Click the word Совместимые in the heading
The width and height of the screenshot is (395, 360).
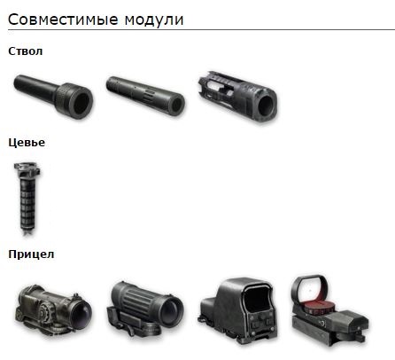[x=63, y=20]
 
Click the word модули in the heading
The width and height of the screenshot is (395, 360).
[x=154, y=20]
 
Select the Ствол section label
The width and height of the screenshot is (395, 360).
[x=26, y=51]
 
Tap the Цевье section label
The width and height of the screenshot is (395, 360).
[x=27, y=143]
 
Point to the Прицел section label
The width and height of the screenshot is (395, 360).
[x=31, y=254]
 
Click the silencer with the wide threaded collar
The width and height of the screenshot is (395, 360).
[x=53, y=96]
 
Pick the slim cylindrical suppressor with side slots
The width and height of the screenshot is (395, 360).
[x=145, y=96]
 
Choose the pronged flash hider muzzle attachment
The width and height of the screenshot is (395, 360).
[x=238, y=97]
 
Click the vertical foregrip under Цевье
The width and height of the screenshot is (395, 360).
[x=27, y=198]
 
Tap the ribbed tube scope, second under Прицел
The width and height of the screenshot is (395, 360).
[x=145, y=308]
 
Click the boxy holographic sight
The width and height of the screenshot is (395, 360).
[x=238, y=310]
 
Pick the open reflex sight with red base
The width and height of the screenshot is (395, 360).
[x=329, y=310]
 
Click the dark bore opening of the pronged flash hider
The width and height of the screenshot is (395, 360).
[x=267, y=106]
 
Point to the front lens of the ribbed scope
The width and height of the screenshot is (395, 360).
[x=171, y=310]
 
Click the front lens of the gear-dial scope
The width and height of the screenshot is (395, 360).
[x=81, y=313]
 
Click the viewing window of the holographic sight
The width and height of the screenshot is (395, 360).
[x=256, y=299]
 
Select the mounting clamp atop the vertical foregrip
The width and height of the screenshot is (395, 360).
[x=27, y=168]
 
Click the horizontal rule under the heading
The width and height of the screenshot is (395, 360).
[x=201, y=29]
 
